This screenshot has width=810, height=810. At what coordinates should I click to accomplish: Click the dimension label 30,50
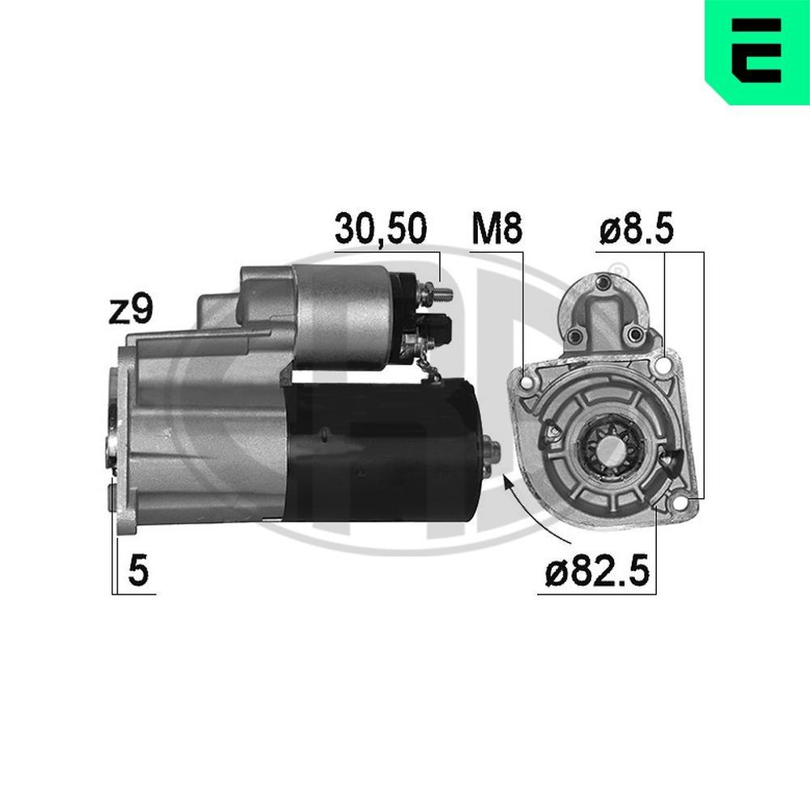click(380, 229)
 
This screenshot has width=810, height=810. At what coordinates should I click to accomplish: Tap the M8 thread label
click(497, 229)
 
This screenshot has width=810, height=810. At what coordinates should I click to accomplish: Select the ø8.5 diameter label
click(636, 229)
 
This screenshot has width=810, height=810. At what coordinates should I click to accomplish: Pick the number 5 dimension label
click(139, 572)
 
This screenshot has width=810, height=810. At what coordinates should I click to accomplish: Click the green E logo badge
click(757, 52)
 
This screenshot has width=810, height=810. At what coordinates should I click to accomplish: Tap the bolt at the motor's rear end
click(490, 450)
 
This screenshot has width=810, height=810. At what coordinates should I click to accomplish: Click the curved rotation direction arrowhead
click(508, 483)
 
